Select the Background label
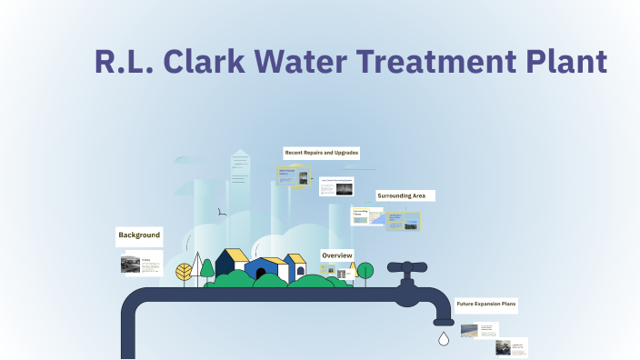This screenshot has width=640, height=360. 139,235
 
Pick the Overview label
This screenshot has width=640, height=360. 336,255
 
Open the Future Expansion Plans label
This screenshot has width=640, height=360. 485,305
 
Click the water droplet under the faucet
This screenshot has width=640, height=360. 444,339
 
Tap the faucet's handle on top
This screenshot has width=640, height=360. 407,268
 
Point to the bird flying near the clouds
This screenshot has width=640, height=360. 221,213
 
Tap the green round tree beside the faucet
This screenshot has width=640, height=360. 365,270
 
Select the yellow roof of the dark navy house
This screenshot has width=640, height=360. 236,255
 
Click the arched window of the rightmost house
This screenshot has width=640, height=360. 300,270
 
